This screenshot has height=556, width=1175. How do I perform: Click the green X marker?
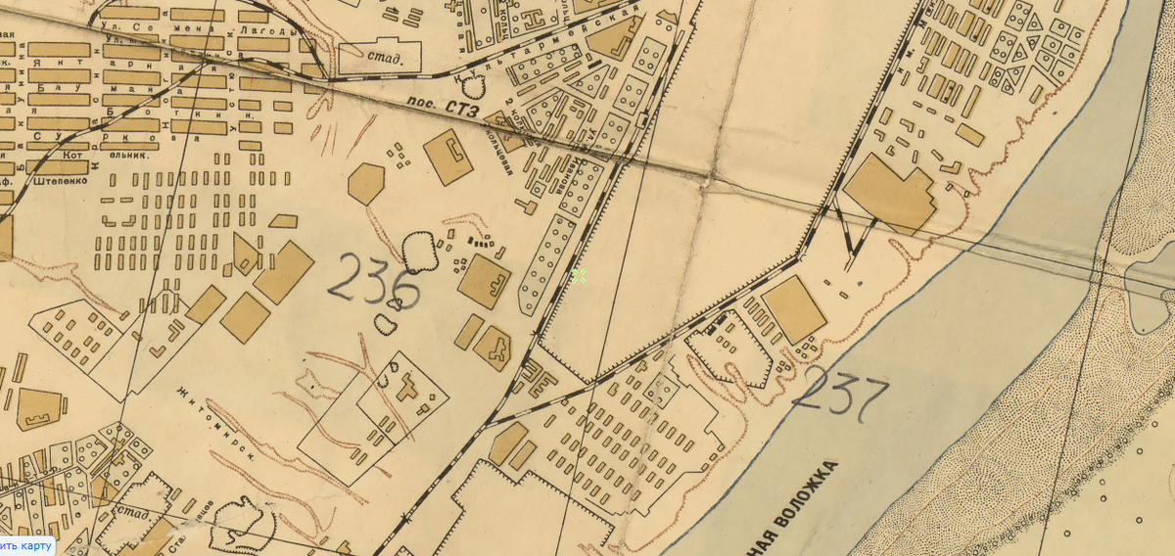point(579,276)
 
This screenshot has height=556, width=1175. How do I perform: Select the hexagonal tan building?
point(366,183)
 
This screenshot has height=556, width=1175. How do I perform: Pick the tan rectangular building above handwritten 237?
point(794,308)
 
